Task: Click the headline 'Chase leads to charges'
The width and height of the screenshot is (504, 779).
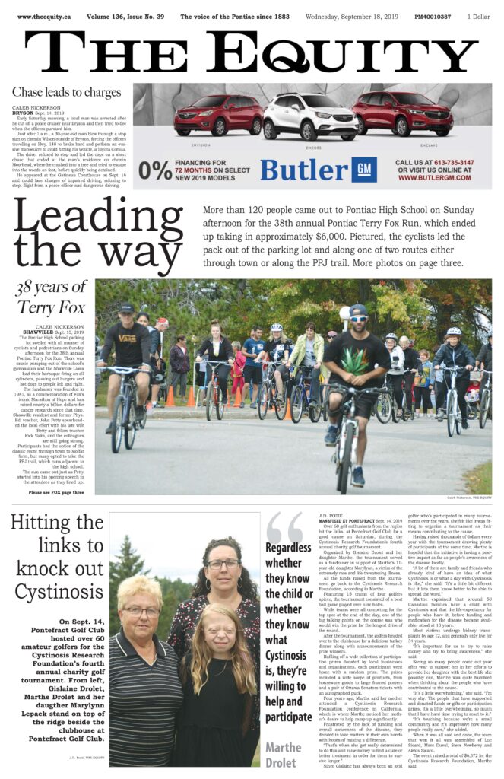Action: pyautogui.click(x=66, y=93)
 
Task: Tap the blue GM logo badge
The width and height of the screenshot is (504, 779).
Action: pyautogui.click(x=366, y=169)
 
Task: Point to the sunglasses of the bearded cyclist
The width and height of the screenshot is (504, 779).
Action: pyautogui.click(x=358, y=319)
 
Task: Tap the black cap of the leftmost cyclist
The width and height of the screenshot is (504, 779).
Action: pyautogui.click(x=126, y=308)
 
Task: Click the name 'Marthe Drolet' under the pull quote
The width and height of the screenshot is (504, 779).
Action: pyautogui.click(x=284, y=755)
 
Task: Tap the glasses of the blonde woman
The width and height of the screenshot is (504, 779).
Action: pyautogui.click(x=141, y=612)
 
